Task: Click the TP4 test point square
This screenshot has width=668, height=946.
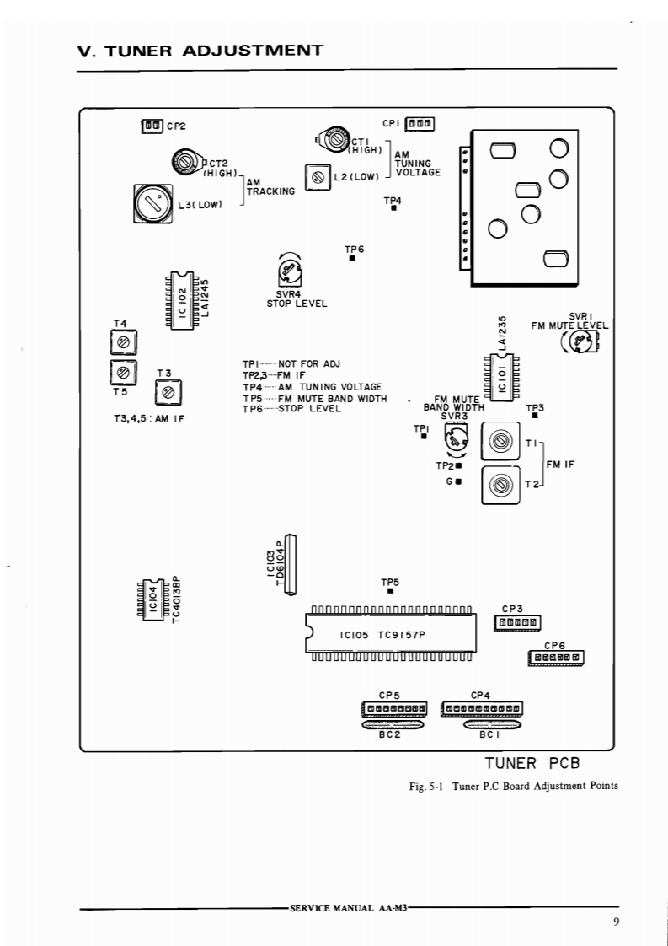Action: click(393, 208)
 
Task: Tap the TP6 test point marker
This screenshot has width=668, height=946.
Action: click(352, 258)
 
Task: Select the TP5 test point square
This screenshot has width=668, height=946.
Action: click(391, 591)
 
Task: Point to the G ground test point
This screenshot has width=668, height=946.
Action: click(459, 481)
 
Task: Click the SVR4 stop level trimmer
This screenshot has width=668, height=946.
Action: click(289, 272)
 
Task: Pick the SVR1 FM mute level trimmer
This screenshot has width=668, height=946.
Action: click(580, 343)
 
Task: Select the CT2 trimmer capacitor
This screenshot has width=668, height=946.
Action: click(187, 162)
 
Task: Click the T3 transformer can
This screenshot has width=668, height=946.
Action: click(168, 393)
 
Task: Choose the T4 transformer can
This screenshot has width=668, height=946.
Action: click(124, 342)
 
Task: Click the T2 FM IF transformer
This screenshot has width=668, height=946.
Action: click(500, 485)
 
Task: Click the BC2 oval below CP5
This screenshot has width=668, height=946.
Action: click(393, 723)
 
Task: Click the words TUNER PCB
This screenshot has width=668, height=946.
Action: click(532, 763)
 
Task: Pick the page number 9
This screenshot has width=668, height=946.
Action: click(616, 922)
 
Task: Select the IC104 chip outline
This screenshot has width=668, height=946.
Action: click(153, 598)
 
